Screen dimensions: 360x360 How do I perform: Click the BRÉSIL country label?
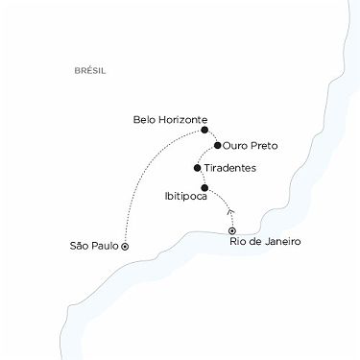tap(88, 71)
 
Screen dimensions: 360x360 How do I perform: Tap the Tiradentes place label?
tap(231, 167)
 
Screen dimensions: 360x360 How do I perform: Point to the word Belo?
tap(146, 120)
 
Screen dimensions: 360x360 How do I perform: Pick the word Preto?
tap(262, 146)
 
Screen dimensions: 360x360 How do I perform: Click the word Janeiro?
tap(281, 241)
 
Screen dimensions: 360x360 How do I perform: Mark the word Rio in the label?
tap(239, 241)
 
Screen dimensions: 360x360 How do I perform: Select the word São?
tap(79, 246)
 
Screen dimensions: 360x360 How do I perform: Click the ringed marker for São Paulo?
tap(126, 246)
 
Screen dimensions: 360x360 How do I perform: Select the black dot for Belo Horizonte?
tap(204, 130)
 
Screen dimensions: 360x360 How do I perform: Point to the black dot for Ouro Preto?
tap(218, 146)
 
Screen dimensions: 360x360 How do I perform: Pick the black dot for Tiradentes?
tap(197, 167)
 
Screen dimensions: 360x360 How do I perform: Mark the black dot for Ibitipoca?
tap(204, 187)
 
